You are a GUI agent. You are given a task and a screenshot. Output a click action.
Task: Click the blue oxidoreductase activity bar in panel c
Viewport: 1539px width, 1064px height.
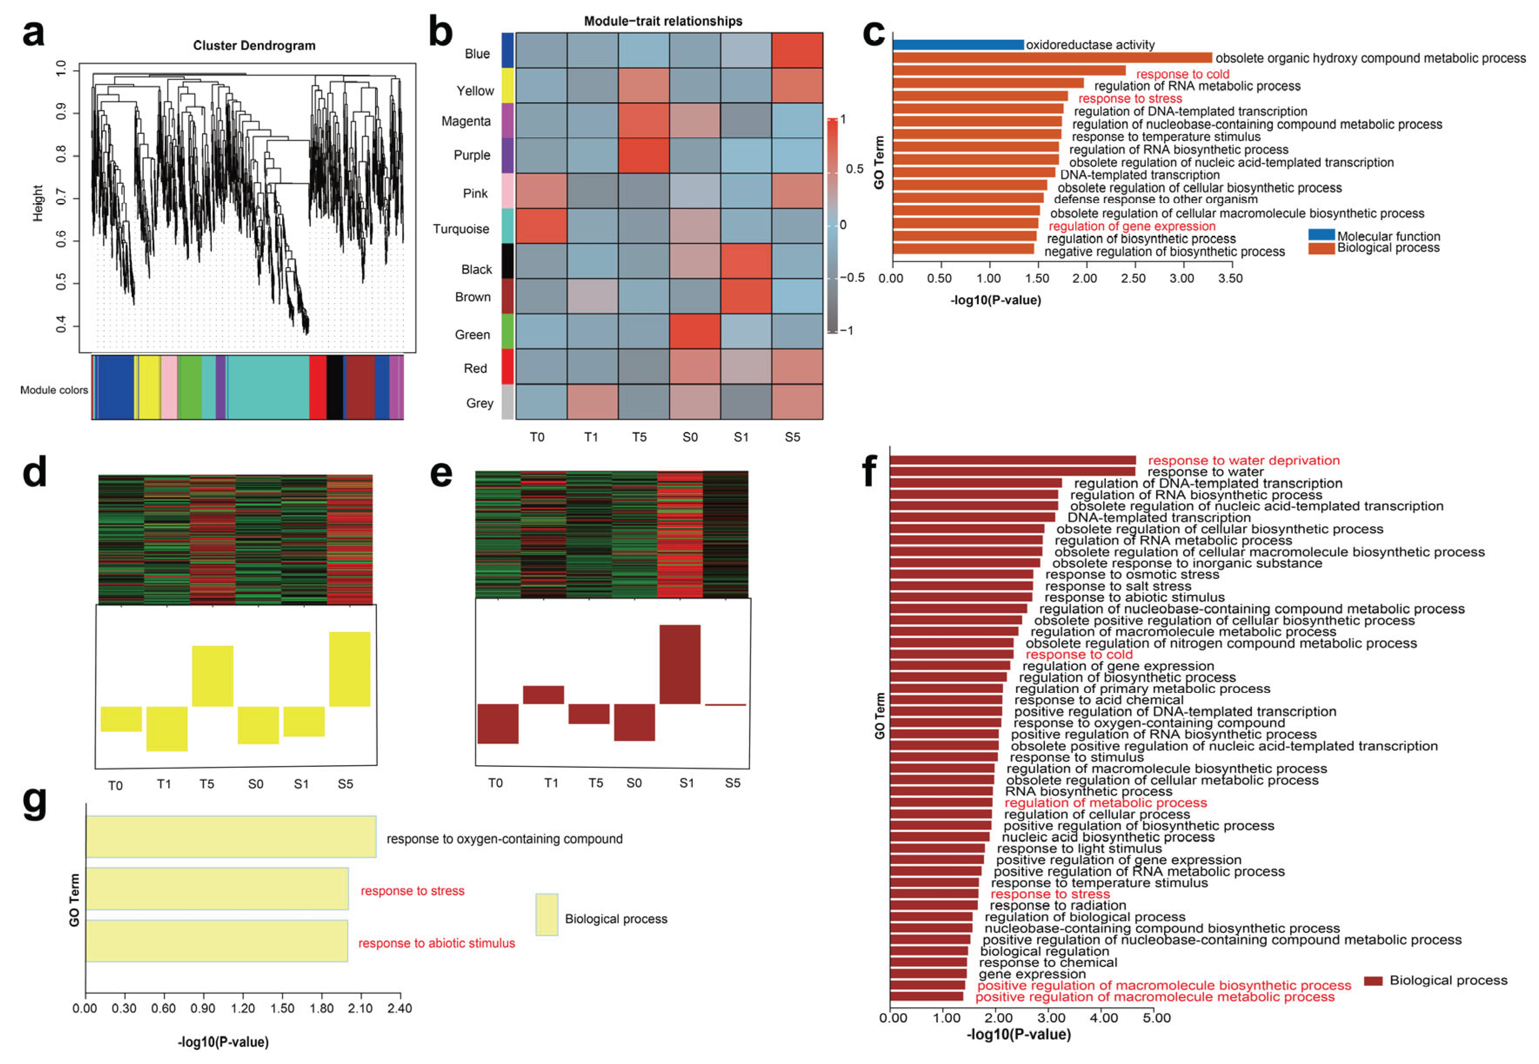coord(957,45)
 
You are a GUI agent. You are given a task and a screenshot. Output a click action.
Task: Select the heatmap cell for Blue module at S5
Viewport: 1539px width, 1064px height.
coord(797,50)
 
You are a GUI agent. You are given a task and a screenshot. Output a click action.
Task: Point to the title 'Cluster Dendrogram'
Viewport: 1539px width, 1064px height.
coord(254,45)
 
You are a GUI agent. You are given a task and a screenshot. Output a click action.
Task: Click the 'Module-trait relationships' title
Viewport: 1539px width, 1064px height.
coord(663,21)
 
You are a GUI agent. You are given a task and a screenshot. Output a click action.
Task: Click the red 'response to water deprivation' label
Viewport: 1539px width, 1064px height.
coord(1243,460)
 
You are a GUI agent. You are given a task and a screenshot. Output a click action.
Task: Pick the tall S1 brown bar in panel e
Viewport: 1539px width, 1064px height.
coord(679,664)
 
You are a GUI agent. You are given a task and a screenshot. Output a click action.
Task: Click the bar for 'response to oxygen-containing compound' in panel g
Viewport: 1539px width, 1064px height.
coord(230,836)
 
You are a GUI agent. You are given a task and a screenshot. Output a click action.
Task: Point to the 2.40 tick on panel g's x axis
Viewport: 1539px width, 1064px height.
coord(399,1008)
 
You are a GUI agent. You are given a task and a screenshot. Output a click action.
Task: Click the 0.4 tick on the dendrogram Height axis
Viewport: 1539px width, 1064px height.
coord(61,325)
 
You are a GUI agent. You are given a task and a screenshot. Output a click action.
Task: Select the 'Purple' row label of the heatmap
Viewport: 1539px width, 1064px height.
coord(471,155)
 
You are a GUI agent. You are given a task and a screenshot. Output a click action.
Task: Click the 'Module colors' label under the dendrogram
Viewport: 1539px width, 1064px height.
coord(53,390)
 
